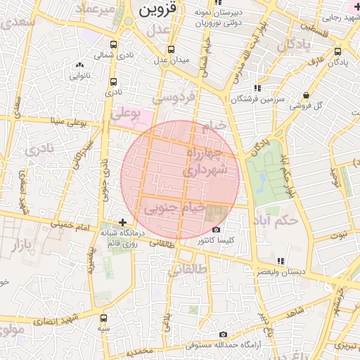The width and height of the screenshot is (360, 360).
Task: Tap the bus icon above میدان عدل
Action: click(x=171, y=50)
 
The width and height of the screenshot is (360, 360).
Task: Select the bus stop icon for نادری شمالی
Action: click(x=114, y=44)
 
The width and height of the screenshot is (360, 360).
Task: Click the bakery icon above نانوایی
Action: click(x=78, y=65)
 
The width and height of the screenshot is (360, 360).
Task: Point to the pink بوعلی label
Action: click(x=127, y=112)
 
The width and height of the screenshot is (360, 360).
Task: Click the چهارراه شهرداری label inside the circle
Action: click(x=204, y=161)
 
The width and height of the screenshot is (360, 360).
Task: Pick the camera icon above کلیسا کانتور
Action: click(x=215, y=230)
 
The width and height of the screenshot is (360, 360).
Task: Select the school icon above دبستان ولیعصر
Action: click(x=281, y=261)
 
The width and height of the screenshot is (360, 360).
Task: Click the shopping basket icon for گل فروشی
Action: click(x=305, y=96)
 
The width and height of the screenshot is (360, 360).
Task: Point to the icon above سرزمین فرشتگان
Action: click(x=257, y=88)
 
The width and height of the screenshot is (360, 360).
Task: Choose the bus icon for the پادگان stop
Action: click(x=338, y=51)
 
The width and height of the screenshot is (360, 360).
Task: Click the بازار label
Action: click(x=15, y=245)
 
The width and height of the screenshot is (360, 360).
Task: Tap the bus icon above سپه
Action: click(x=104, y=318)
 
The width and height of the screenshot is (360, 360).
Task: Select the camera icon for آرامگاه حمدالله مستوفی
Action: click(x=223, y=335)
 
